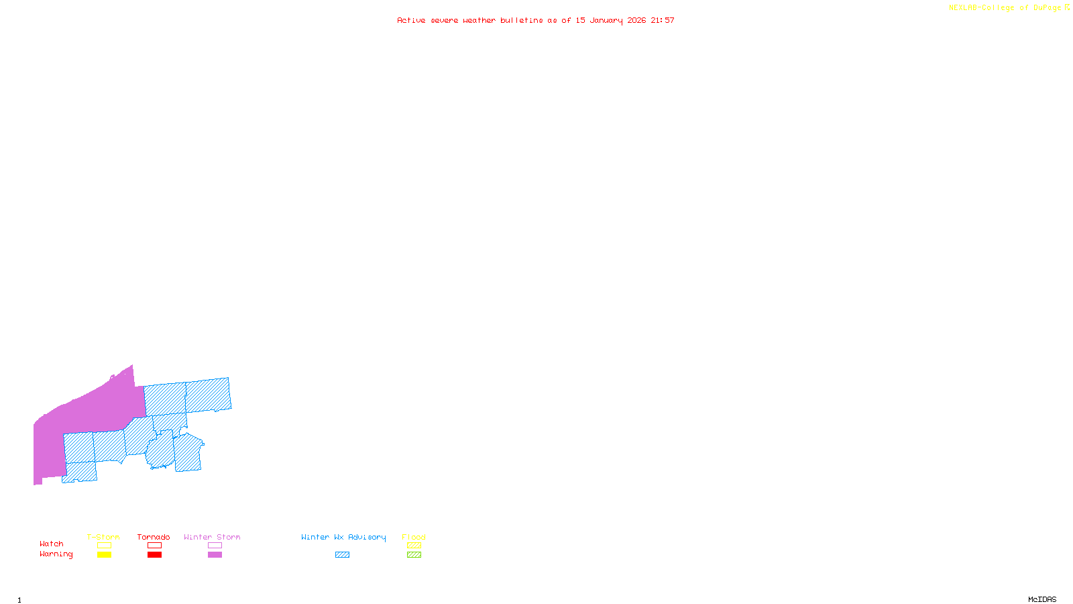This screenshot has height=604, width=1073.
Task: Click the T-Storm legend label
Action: click(103, 537)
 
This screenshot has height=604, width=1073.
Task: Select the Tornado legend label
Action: click(154, 537)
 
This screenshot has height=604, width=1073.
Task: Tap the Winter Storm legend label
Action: click(212, 537)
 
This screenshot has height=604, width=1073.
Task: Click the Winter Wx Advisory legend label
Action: click(343, 537)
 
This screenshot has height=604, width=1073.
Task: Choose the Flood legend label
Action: click(414, 537)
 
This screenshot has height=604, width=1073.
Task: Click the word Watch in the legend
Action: click(52, 544)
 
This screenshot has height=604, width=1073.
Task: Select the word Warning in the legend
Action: click(56, 554)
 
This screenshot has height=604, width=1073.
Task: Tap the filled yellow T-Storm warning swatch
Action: click(104, 555)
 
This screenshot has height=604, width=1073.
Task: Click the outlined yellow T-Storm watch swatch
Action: click(104, 546)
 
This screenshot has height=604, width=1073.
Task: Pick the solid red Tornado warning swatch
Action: click(154, 555)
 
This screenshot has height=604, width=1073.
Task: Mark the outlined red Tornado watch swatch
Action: click(154, 546)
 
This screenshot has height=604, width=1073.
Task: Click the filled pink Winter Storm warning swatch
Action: click(215, 555)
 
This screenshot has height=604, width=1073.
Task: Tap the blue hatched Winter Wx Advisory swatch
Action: click(342, 555)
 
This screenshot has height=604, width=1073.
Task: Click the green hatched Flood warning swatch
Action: click(414, 555)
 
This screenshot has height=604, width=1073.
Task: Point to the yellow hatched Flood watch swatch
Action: click(414, 546)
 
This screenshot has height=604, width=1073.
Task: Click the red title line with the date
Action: click(536, 20)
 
